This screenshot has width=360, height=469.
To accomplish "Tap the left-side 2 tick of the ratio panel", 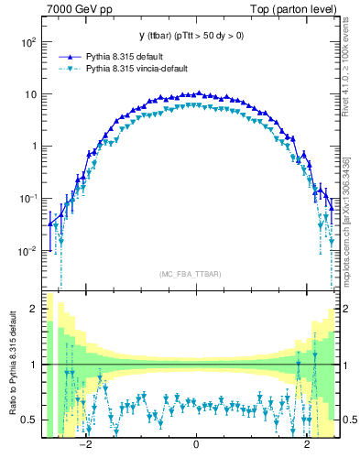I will tap(36, 309).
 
